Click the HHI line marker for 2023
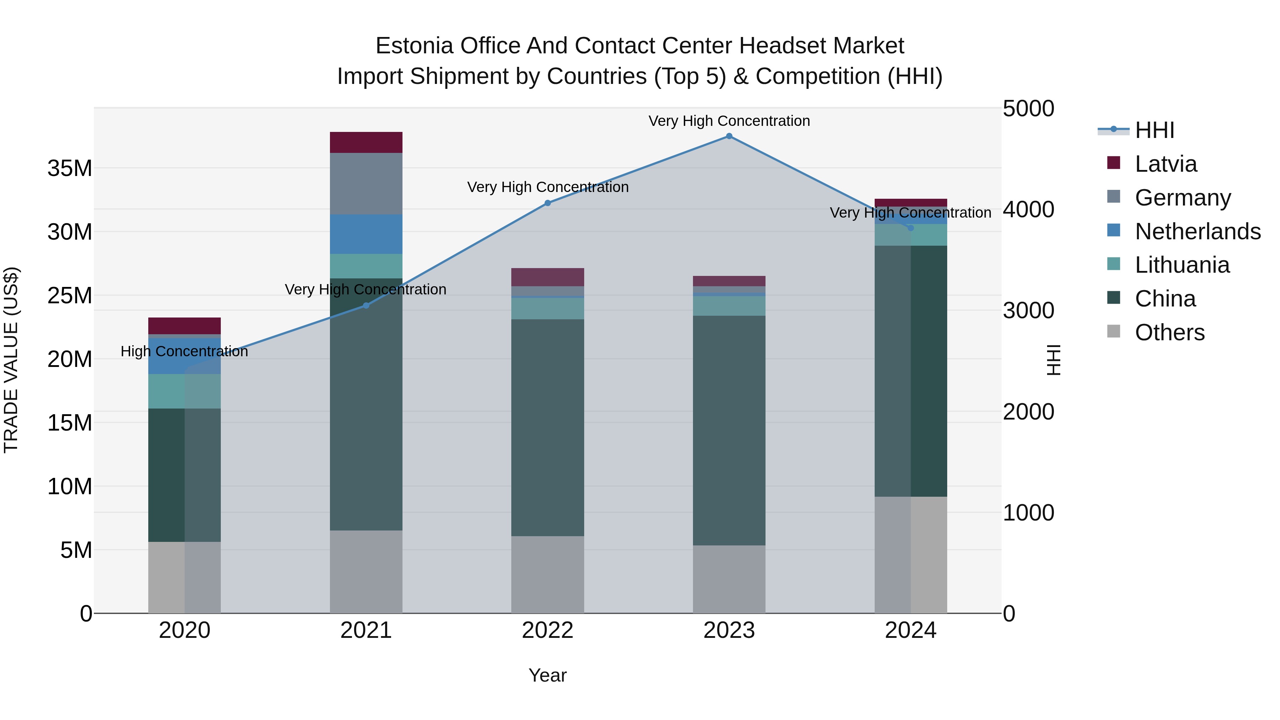(729, 136)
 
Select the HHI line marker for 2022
(548, 203)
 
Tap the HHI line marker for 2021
(366, 305)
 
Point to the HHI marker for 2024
(910, 228)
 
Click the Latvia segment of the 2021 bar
(366, 143)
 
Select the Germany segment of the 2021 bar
(366, 184)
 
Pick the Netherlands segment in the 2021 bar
(366, 234)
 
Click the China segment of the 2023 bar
(729, 430)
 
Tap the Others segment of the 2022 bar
(548, 575)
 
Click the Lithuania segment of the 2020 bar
(184, 391)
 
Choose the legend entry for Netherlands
(1198, 231)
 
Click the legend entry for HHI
(1154, 130)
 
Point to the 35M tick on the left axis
(70, 169)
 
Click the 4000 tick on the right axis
(1028, 210)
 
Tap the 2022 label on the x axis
(548, 630)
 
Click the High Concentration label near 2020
(184, 351)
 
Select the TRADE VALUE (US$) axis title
(11, 360)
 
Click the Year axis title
(548, 675)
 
